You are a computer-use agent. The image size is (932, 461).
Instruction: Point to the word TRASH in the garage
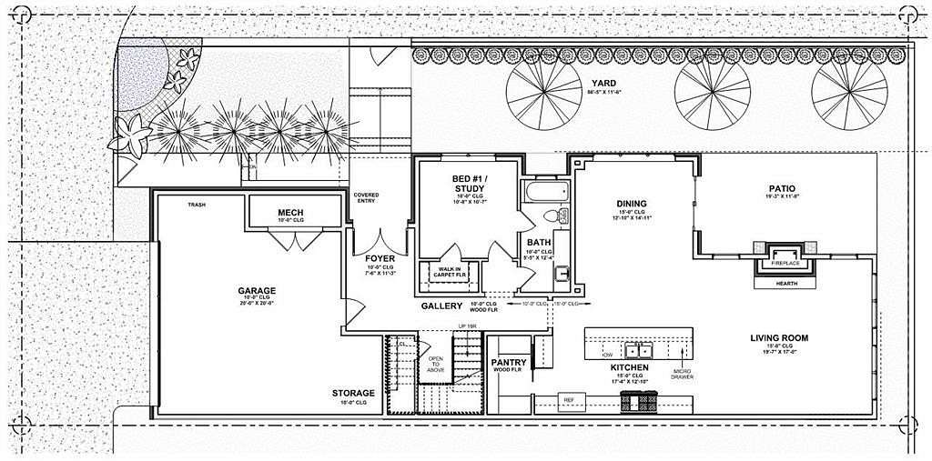click(x=196, y=205)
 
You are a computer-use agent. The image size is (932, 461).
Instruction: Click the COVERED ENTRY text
click(x=367, y=199)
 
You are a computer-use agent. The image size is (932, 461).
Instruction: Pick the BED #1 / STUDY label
click(x=469, y=183)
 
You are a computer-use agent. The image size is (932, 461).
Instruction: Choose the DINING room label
click(x=631, y=204)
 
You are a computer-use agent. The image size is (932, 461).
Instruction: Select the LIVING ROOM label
click(x=779, y=338)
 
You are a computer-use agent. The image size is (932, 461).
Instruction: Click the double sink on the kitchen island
click(x=639, y=350)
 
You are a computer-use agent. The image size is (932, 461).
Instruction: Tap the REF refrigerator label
click(x=568, y=399)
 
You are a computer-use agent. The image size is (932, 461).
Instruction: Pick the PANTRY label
click(x=510, y=362)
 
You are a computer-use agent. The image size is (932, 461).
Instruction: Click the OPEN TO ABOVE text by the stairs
click(x=436, y=364)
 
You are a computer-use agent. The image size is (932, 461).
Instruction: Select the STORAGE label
click(x=354, y=393)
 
